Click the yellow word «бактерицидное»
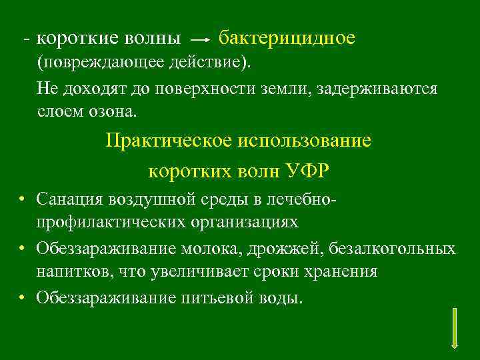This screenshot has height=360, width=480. [x=287, y=38]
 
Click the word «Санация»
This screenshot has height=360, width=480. [x=67, y=199]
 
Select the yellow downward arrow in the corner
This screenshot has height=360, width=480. [x=454, y=327]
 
